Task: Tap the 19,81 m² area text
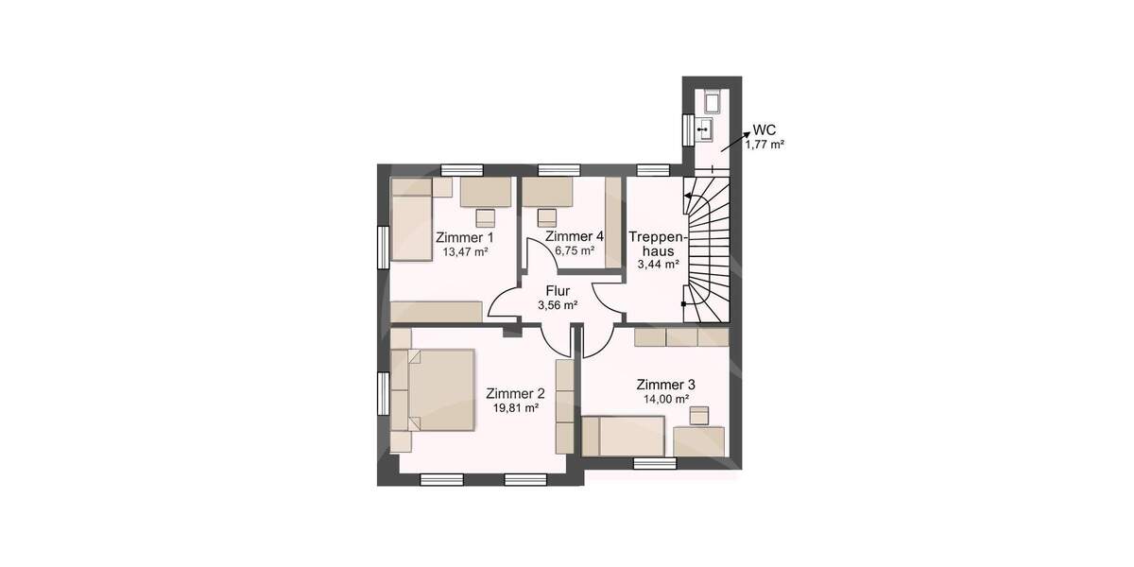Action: (516, 408)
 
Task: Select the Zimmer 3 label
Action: (666, 385)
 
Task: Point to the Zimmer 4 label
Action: (575, 236)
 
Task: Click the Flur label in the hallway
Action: (558, 290)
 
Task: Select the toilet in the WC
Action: (711, 102)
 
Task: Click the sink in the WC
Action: (704, 128)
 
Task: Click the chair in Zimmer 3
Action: (699, 415)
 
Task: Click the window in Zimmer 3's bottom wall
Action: (654, 463)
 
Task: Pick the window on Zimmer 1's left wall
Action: (384, 248)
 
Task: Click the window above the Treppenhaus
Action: (653, 170)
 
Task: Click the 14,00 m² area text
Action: (666, 400)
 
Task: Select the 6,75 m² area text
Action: (575, 251)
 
